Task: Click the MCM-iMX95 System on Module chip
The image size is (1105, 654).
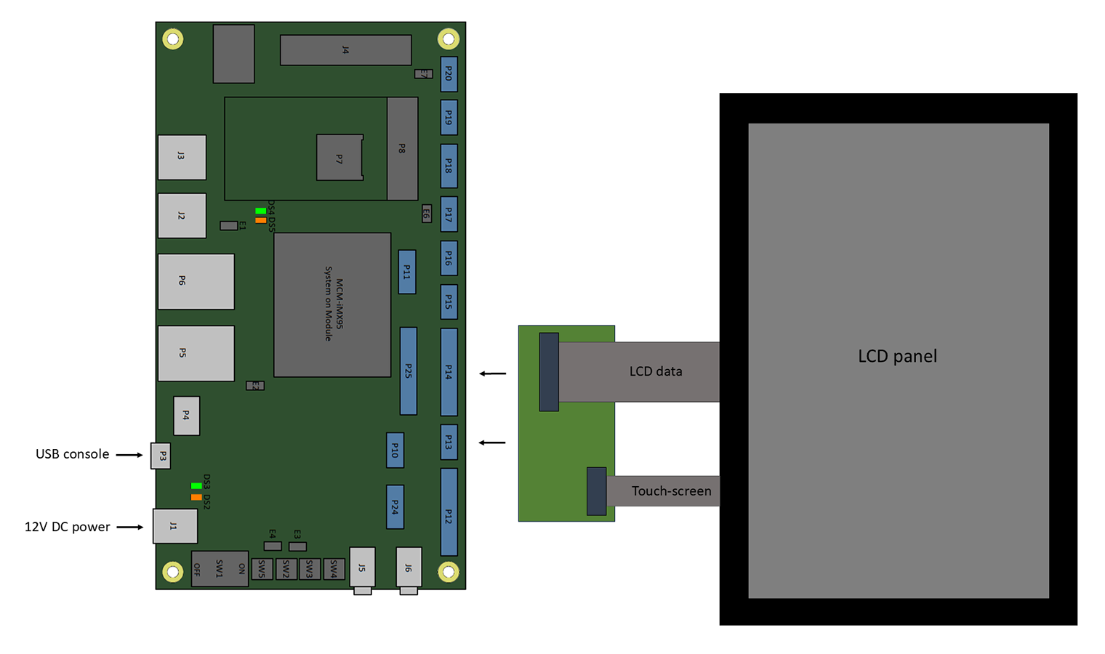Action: (332, 304)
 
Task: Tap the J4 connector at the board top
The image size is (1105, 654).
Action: (345, 50)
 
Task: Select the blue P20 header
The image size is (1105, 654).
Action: (449, 74)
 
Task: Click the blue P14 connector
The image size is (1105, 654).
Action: (449, 372)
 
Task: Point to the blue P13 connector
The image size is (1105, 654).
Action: (449, 442)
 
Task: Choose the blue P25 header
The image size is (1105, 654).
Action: (409, 371)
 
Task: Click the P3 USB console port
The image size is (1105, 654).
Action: (161, 456)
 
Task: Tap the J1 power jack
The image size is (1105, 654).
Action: (174, 526)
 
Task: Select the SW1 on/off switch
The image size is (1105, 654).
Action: (220, 568)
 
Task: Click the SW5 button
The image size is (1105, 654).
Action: (262, 568)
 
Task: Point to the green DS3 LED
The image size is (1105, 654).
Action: (196, 485)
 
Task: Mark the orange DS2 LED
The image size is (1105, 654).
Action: (196, 497)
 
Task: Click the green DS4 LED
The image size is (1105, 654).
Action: (260, 211)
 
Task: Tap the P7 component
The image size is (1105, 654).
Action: (339, 158)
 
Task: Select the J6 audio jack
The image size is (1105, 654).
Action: (409, 568)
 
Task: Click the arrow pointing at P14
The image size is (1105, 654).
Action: (493, 374)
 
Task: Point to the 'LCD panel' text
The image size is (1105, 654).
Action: (897, 356)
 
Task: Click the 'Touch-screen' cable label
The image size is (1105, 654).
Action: (671, 491)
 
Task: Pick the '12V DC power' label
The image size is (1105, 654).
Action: (68, 527)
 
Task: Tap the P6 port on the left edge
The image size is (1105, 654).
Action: (196, 281)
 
